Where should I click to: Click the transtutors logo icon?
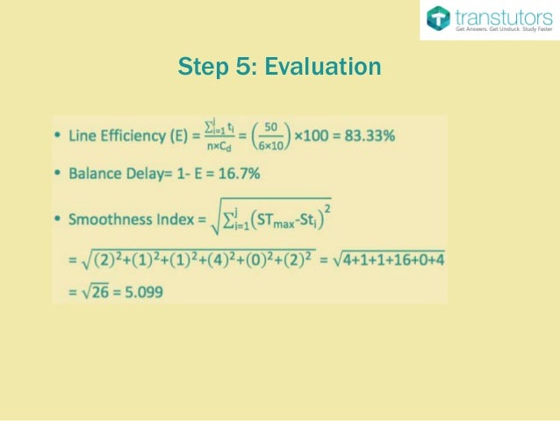click(x=438, y=18)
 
